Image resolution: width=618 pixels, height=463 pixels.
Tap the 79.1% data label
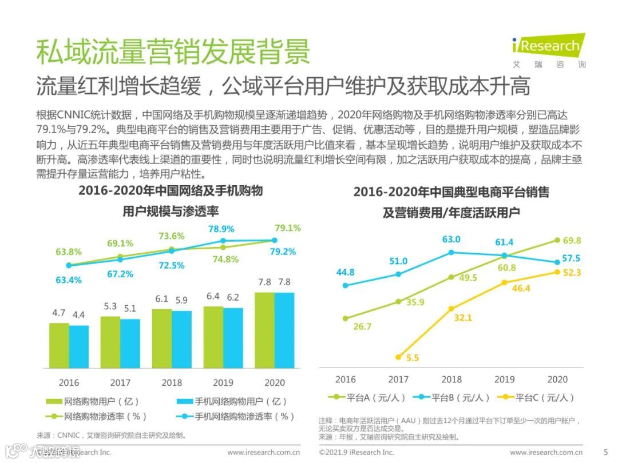287,228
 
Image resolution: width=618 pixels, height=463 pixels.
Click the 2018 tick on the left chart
171,382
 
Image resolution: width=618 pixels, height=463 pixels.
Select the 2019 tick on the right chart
504,379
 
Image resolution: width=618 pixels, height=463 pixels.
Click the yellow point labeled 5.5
398,357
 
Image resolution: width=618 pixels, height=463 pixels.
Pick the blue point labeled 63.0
451,252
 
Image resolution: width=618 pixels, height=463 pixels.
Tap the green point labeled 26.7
345,318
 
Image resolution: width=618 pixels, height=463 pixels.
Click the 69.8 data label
571,241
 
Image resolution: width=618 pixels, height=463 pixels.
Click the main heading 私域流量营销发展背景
172,51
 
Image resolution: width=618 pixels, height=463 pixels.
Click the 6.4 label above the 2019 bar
213,297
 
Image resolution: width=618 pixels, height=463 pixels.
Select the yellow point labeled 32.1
451,309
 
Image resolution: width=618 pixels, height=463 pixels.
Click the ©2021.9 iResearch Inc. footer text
356,452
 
